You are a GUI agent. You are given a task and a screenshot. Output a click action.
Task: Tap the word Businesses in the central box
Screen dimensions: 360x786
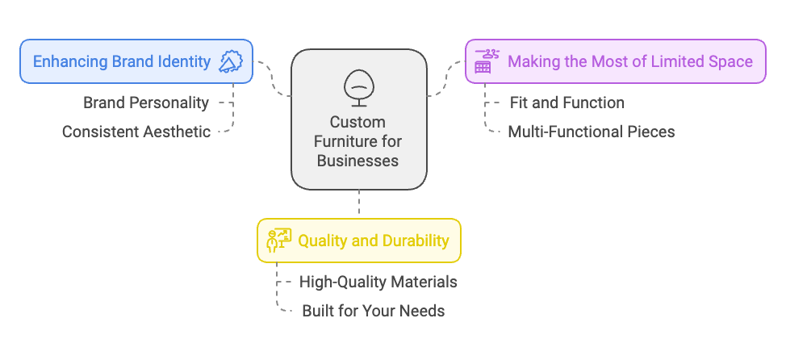358,160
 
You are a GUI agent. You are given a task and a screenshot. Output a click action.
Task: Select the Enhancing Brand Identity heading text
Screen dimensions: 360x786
122,61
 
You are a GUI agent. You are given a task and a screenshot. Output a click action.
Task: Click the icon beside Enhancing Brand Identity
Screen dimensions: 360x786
231,61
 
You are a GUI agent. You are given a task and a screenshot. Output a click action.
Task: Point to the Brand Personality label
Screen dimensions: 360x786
146,103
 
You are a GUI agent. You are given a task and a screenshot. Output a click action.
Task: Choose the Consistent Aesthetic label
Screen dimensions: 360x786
136,132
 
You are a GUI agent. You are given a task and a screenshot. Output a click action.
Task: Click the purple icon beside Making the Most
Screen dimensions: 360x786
484,61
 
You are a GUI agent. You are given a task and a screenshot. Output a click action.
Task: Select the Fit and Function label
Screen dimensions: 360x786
567,103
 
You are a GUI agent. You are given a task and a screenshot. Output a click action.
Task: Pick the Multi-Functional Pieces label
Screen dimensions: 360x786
591,132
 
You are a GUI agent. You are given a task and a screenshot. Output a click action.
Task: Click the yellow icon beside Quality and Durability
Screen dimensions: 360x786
279,240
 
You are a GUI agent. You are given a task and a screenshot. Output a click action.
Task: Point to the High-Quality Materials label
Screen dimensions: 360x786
378,282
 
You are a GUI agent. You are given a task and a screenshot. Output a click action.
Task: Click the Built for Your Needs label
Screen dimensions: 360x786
373,311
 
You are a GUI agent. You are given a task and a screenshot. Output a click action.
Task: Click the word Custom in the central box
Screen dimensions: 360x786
358,123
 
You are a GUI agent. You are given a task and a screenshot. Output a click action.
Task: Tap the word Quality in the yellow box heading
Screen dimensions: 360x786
323,241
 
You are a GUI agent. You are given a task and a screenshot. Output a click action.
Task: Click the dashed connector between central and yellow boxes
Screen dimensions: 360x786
358,203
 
